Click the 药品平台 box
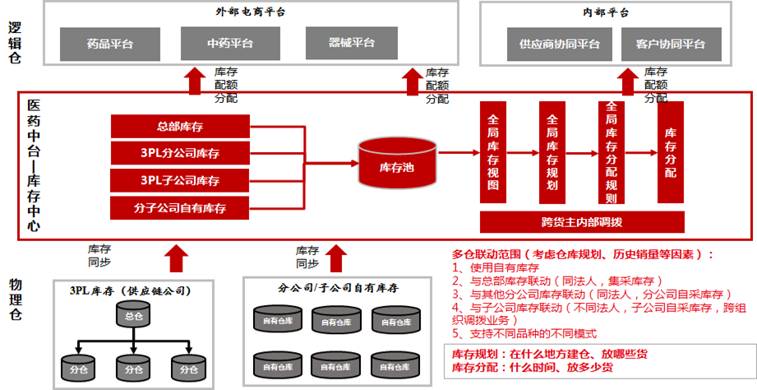click(x=109, y=44)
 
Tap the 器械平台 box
click(x=351, y=44)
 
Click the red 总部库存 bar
click(x=180, y=127)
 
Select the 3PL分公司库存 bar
click(x=180, y=153)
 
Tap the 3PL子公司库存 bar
click(x=180, y=180)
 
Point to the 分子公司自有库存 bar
click(x=180, y=208)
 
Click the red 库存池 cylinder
click(x=390, y=165)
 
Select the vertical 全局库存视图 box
click(x=492, y=152)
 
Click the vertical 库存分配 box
click(x=670, y=152)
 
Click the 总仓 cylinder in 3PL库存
click(x=133, y=316)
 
